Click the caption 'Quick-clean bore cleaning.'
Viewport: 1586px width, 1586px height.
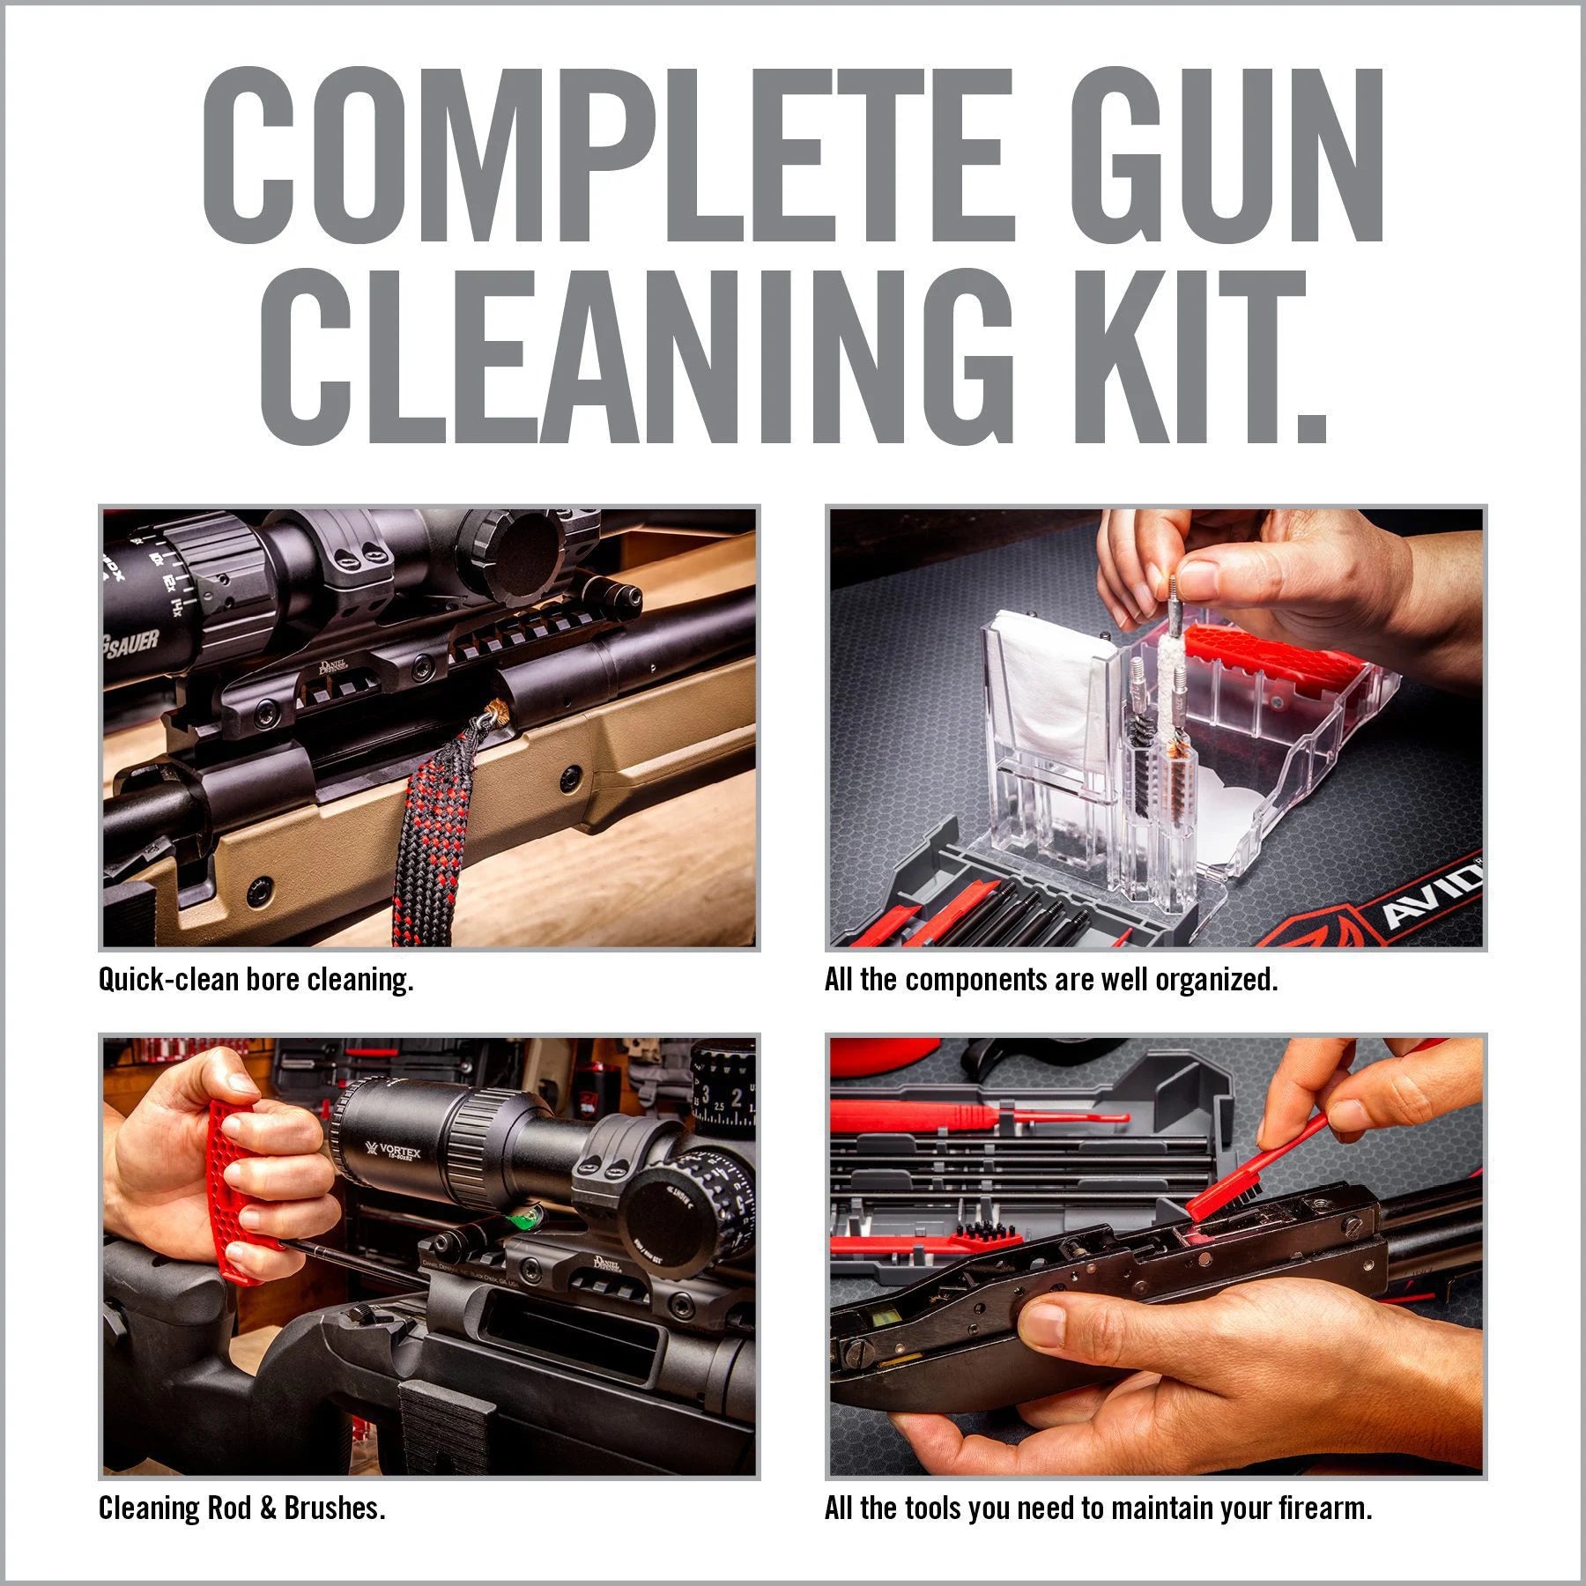256,980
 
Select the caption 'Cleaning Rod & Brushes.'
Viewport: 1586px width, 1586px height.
241,1508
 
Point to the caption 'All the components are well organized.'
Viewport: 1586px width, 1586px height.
1050,980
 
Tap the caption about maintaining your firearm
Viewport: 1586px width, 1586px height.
1098,1508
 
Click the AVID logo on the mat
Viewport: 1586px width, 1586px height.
1427,897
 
